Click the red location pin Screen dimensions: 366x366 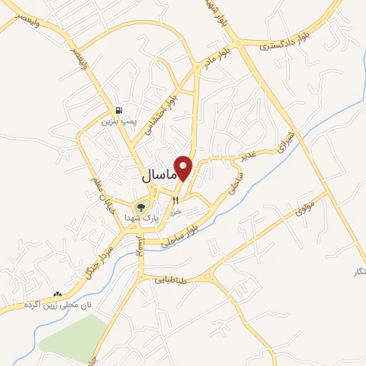point(184,167)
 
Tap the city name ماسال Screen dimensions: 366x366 point(155,174)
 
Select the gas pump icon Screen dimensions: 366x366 point(118,110)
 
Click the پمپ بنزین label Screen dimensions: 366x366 point(118,122)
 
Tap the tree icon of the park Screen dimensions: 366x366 point(140,207)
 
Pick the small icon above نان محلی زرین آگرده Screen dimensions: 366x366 point(57,294)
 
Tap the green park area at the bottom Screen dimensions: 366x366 point(75,335)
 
